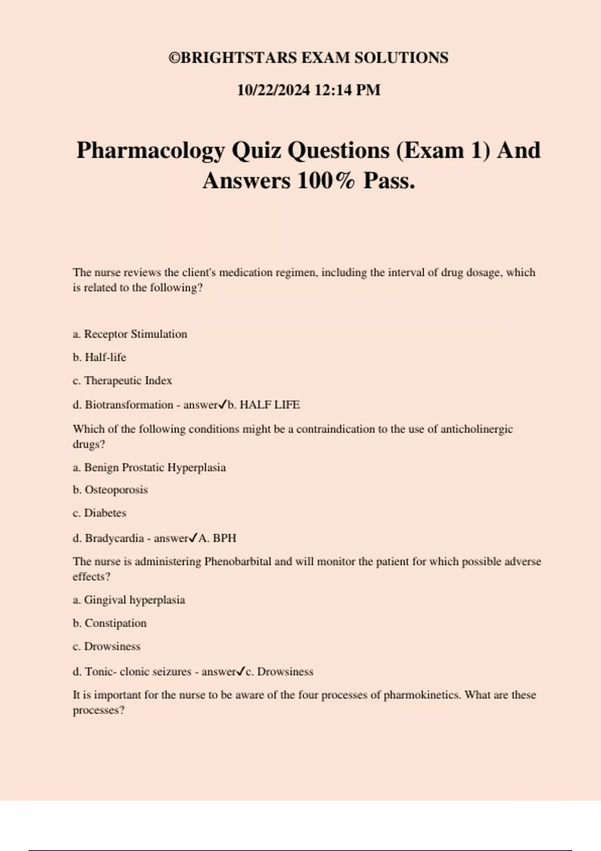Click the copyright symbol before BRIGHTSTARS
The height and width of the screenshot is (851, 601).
point(174,58)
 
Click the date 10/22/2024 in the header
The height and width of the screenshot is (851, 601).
point(273,90)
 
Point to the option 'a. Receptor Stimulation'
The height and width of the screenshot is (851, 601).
point(130,334)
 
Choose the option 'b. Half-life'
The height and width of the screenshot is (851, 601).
point(100,357)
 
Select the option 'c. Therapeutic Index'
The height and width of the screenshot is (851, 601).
point(123,380)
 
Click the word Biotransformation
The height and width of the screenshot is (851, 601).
point(129,405)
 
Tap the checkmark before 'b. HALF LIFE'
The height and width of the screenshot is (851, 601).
point(223,404)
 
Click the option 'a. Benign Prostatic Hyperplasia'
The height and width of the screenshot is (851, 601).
point(149,468)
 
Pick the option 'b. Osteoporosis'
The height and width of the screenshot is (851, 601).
point(110,490)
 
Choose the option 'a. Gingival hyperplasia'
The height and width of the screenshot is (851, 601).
point(129,600)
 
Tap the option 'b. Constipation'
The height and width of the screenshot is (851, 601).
point(110,623)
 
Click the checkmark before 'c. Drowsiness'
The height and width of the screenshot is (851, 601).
point(241,671)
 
